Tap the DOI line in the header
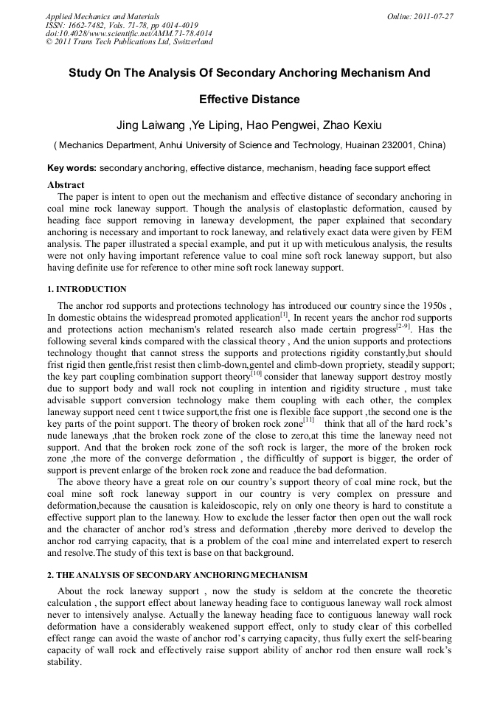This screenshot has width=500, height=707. coord(128,33)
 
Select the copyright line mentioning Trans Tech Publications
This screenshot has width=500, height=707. coord(129,42)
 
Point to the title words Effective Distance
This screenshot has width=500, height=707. coord(249,99)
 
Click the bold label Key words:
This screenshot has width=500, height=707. coord(72,168)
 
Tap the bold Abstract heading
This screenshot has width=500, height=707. coord(66,184)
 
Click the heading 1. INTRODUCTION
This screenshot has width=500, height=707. coord(86,289)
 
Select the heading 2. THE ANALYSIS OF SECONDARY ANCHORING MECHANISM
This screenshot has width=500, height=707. coord(177,574)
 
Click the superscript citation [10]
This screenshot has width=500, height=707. coord(256,374)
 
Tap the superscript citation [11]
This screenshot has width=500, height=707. coord(308,421)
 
